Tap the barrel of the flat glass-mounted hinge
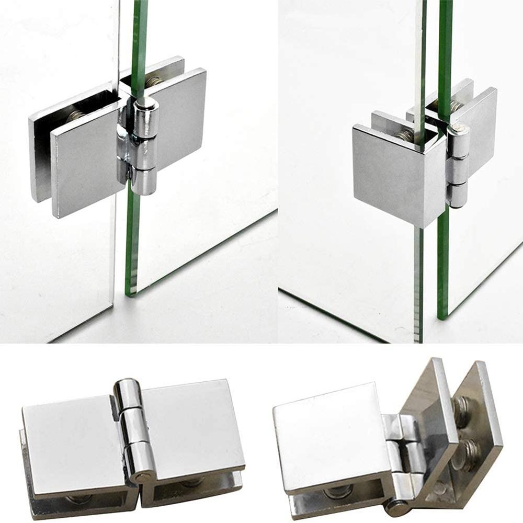(x=143, y=146)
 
